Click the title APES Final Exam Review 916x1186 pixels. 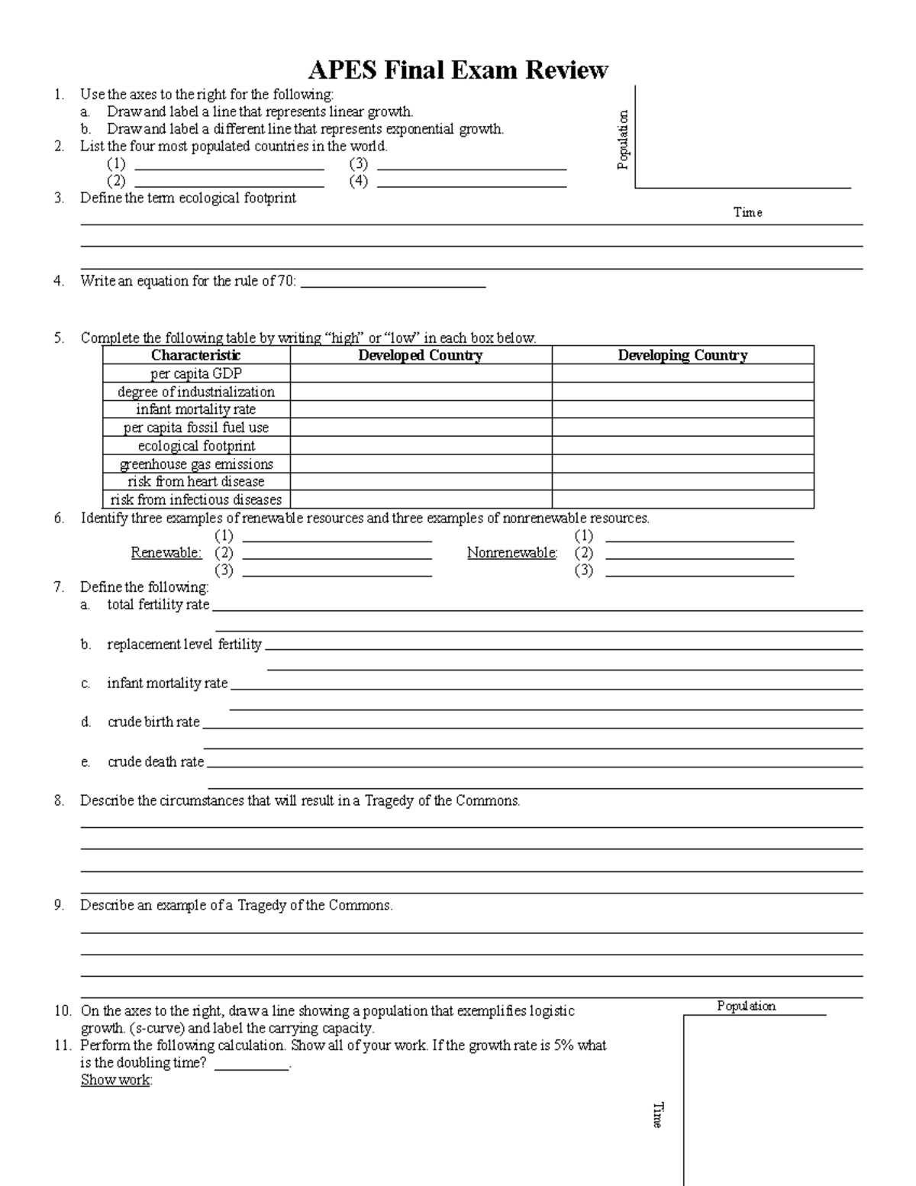tap(457, 70)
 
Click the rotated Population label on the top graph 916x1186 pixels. tap(623, 140)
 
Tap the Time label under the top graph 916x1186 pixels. tap(747, 212)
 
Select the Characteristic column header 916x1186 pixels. tap(196, 355)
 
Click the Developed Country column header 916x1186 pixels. tap(421, 355)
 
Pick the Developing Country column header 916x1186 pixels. tap(682, 355)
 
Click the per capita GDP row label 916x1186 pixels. tap(196, 373)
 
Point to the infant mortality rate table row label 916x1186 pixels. tap(196, 409)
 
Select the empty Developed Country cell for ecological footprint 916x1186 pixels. tap(421, 446)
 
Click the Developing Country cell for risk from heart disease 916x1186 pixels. tap(682, 482)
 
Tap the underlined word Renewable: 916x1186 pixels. tap(166, 553)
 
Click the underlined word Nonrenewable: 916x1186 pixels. tap(512, 553)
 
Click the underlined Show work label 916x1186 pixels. tap(116, 1080)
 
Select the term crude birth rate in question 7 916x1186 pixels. tap(153, 722)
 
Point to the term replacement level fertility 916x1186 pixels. tap(184, 645)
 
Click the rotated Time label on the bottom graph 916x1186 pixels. tap(657, 1115)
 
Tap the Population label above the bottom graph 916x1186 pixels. tap(746, 1006)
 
